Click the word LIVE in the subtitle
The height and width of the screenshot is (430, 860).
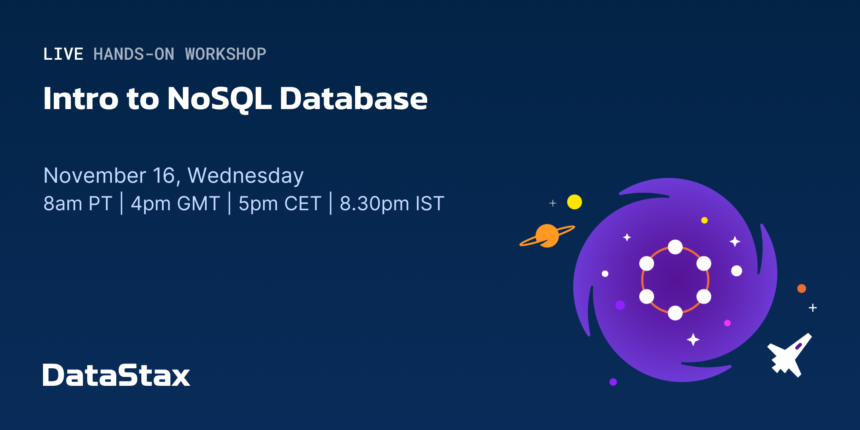(63, 54)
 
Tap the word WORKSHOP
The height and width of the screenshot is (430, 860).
(226, 54)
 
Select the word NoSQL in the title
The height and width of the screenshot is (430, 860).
(219, 99)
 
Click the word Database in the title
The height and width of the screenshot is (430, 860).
(354, 98)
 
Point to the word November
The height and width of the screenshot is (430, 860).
(95, 176)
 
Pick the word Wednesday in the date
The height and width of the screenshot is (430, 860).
(245, 176)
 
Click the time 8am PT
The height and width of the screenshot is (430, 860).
(78, 203)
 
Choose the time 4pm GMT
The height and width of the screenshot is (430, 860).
(175, 203)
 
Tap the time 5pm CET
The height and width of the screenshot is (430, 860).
(279, 203)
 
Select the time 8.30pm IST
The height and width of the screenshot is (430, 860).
(392, 203)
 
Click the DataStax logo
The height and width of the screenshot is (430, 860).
(116, 375)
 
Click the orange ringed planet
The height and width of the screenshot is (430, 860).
(547, 236)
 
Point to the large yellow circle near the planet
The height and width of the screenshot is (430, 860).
(575, 202)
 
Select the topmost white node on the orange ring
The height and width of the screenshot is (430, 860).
(675, 247)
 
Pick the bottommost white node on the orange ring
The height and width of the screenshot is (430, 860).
(675, 313)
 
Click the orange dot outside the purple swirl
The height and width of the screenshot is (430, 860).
(802, 288)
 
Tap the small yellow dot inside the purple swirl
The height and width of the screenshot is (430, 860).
(704, 220)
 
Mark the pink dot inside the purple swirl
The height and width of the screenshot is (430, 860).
(727, 323)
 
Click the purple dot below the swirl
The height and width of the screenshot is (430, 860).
(613, 382)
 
